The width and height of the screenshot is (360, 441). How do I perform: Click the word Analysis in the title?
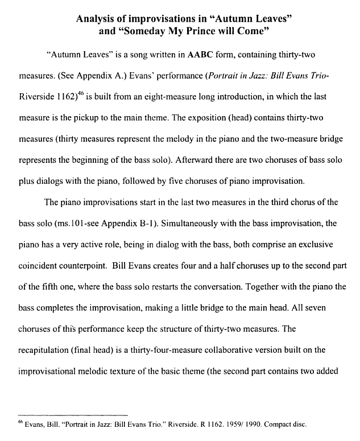point(98,19)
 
